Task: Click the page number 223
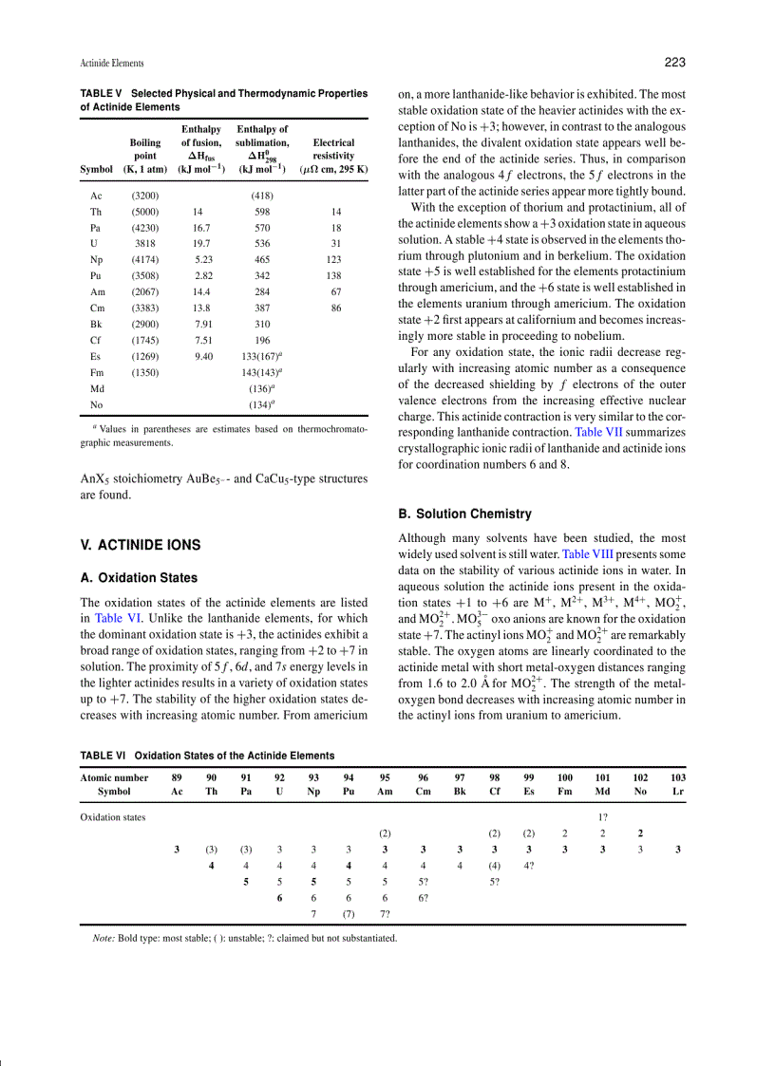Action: (x=674, y=63)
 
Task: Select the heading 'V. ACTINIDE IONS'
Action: (x=141, y=545)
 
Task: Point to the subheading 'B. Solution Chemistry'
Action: (x=464, y=514)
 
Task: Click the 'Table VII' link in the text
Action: (x=599, y=431)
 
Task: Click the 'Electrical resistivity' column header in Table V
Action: (x=333, y=149)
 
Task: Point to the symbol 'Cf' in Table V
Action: (x=96, y=340)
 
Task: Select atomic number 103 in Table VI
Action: (x=677, y=776)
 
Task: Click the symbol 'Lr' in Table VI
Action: (x=677, y=791)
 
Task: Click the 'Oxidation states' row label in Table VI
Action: (x=113, y=816)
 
